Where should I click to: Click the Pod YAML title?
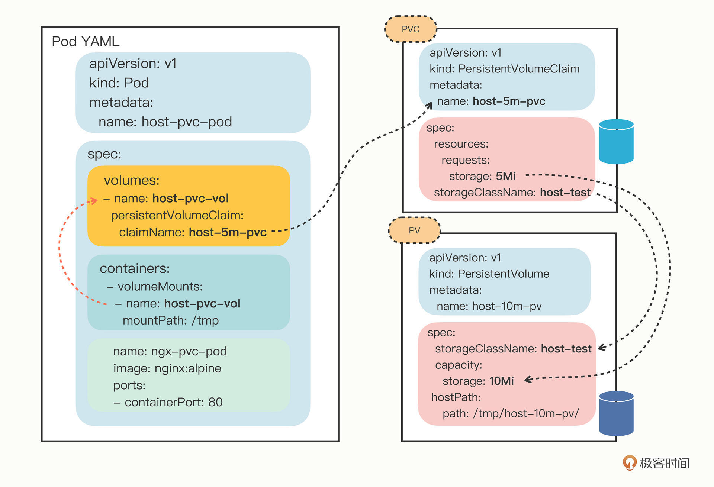[x=86, y=41]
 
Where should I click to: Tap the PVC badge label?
[x=411, y=29]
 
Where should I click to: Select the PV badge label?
[x=414, y=230]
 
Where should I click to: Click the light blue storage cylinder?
[x=616, y=142]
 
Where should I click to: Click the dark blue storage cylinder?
[x=616, y=413]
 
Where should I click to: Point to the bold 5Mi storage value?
[x=506, y=176]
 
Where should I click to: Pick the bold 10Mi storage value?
[x=501, y=381]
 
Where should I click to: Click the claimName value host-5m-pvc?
[x=228, y=232]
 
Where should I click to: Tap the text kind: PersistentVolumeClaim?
[x=504, y=69]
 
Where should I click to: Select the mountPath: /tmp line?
[x=171, y=320]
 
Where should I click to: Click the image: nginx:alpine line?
[x=167, y=368]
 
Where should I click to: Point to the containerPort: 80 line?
[x=168, y=402]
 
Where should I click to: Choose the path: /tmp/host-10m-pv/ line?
[x=511, y=413]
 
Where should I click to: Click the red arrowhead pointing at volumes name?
[x=94, y=201]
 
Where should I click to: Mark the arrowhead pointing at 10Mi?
[x=528, y=380]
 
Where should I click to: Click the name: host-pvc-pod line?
[x=165, y=122]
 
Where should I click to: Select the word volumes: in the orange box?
[x=132, y=180]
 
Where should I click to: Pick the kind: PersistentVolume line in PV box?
[x=489, y=274]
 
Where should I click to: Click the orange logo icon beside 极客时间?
[x=629, y=463]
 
